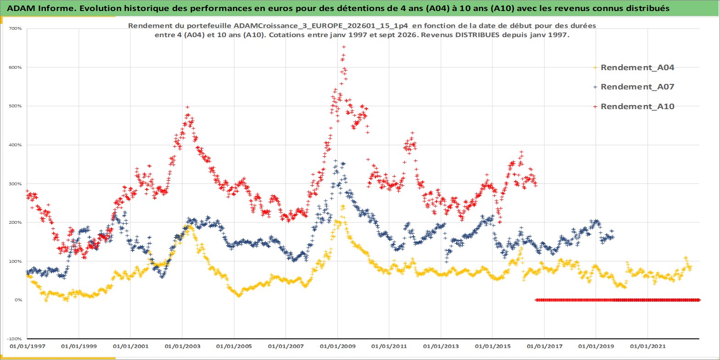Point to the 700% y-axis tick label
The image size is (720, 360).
tap(16, 28)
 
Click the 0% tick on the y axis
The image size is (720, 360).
tap(18, 300)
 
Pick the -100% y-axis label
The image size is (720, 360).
tap(15, 339)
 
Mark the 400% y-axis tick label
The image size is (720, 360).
tap(16, 145)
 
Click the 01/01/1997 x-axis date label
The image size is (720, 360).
tap(28, 346)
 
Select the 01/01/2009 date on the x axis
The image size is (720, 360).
tap(337, 346)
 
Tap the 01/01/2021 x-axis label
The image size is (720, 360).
tap(647, 346)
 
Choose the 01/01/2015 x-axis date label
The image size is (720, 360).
tap(493, 346)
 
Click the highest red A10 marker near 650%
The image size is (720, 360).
tap(344, 47)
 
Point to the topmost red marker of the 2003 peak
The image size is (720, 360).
tap(187, 107)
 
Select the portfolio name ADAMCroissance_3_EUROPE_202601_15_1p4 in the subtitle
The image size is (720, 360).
tap(321, 26)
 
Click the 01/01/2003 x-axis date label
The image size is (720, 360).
tap(182, 346)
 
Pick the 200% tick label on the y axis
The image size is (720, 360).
tap(16, 222)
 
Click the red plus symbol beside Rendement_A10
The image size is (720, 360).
tap(595, 106)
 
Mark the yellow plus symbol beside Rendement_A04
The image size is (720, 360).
tap(595, 68)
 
